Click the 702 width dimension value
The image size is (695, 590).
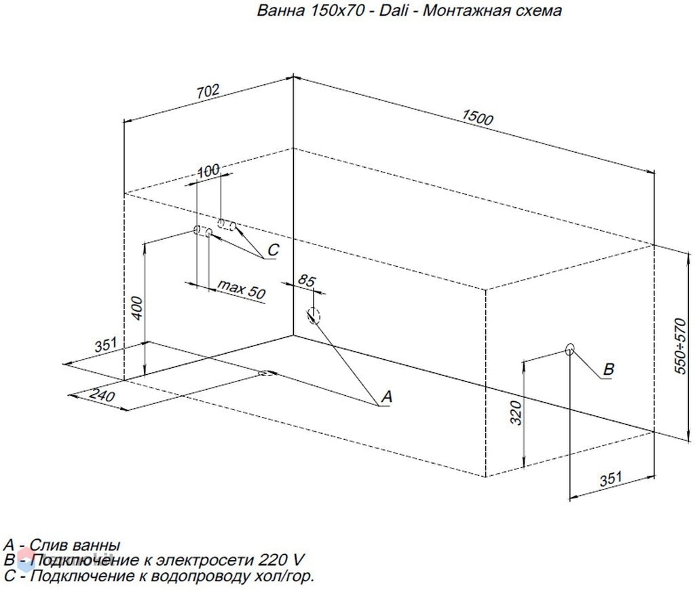tap(208, 91)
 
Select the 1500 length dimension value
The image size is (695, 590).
tap(477, 117)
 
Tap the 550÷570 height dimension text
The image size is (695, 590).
tap(679, 346)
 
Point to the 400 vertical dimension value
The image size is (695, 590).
tap(137, 308)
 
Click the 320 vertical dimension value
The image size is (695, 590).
tap(516, 413)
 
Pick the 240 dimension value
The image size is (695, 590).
tap(102, 394)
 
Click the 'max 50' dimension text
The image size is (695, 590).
tap(242, 289)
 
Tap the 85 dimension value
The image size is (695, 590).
tap(306, 280)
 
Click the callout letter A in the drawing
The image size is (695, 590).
tap(386, 397)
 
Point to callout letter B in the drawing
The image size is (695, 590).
tap(609, 369)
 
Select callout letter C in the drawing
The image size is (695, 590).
tap(274, 250)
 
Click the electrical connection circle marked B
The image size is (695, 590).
tap(569, 349)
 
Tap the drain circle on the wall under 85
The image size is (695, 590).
tap(314, 315)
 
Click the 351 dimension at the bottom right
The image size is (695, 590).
tap(611, 479)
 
